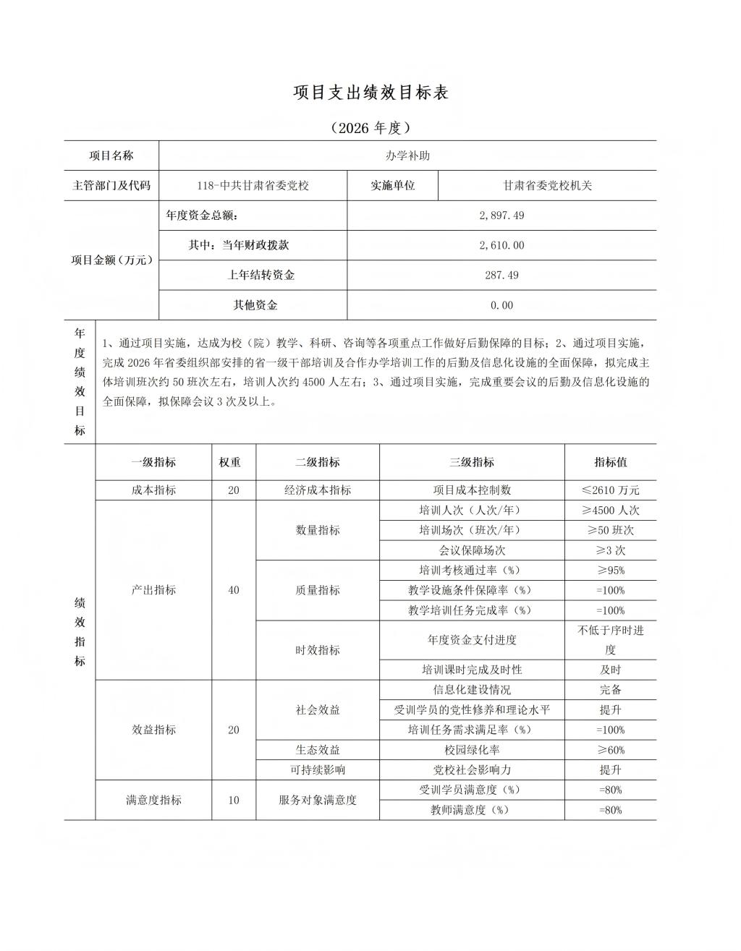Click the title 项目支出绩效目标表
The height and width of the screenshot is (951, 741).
coord(370,93)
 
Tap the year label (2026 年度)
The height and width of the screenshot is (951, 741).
coord(370,128)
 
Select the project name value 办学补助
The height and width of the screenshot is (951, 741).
coord(407,155)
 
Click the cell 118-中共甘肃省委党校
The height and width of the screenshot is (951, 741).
coord(253,185)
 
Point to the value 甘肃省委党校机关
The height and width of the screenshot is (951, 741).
coord(547,185)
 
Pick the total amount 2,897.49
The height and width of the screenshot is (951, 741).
coord(501,216)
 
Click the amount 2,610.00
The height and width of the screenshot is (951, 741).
coord(501,245)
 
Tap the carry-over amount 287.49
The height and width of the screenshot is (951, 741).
coord(501,275)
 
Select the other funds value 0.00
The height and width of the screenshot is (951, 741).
coord(501,305)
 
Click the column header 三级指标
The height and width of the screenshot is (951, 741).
coord(472,462)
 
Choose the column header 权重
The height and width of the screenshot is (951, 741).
coord(233,462)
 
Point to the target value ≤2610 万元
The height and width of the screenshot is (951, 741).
coord(610,490)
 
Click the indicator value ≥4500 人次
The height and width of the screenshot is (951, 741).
coord(610,510)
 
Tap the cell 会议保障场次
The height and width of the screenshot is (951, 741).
coord(472,550)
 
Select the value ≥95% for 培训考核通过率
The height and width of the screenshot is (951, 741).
coord(610,570)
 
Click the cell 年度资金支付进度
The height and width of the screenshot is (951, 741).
coord(472,640)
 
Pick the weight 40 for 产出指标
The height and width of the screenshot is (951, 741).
coord(233,590)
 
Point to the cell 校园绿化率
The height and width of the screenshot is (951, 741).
coord(472,750)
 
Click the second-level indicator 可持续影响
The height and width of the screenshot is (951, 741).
coord(318,769)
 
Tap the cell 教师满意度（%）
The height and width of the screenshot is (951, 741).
coord(472,810)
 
